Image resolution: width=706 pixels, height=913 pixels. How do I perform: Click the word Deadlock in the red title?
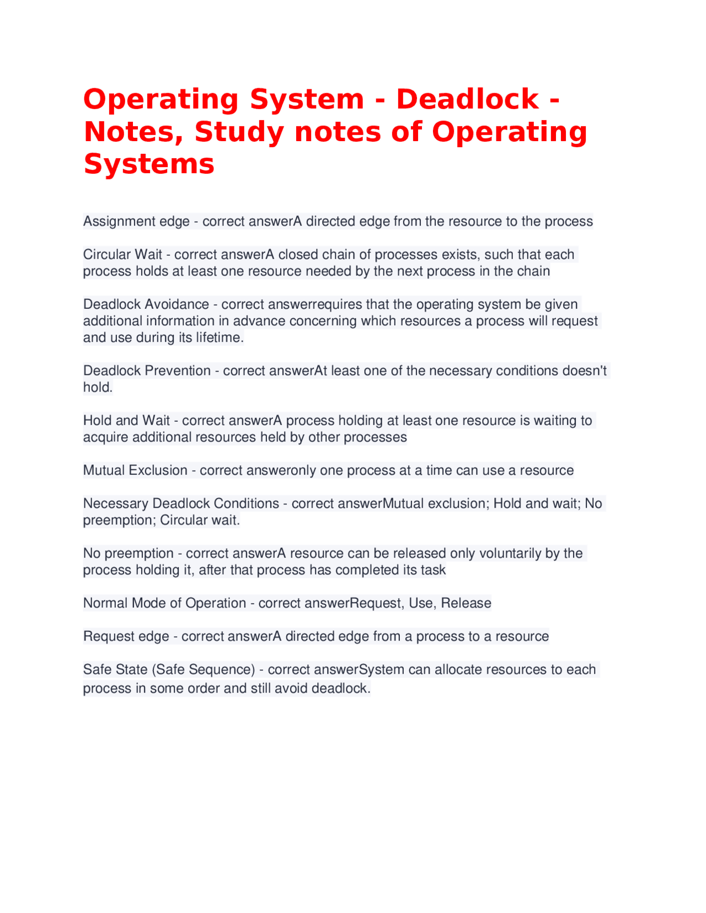pyautogui.click(x=467, y=99)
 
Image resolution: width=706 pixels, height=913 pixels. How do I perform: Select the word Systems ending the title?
pyautogui.click(x=149, y=164)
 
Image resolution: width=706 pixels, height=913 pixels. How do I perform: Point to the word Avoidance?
pyautogui.click(x=177, y=304)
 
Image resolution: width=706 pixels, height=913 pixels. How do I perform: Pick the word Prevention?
pyautogui.click(x=178, y=370)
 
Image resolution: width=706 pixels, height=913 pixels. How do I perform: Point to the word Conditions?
pyautogui.click(x=247, y=503)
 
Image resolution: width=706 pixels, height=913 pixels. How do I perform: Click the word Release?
pyautogui.click(x=466, y=603)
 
